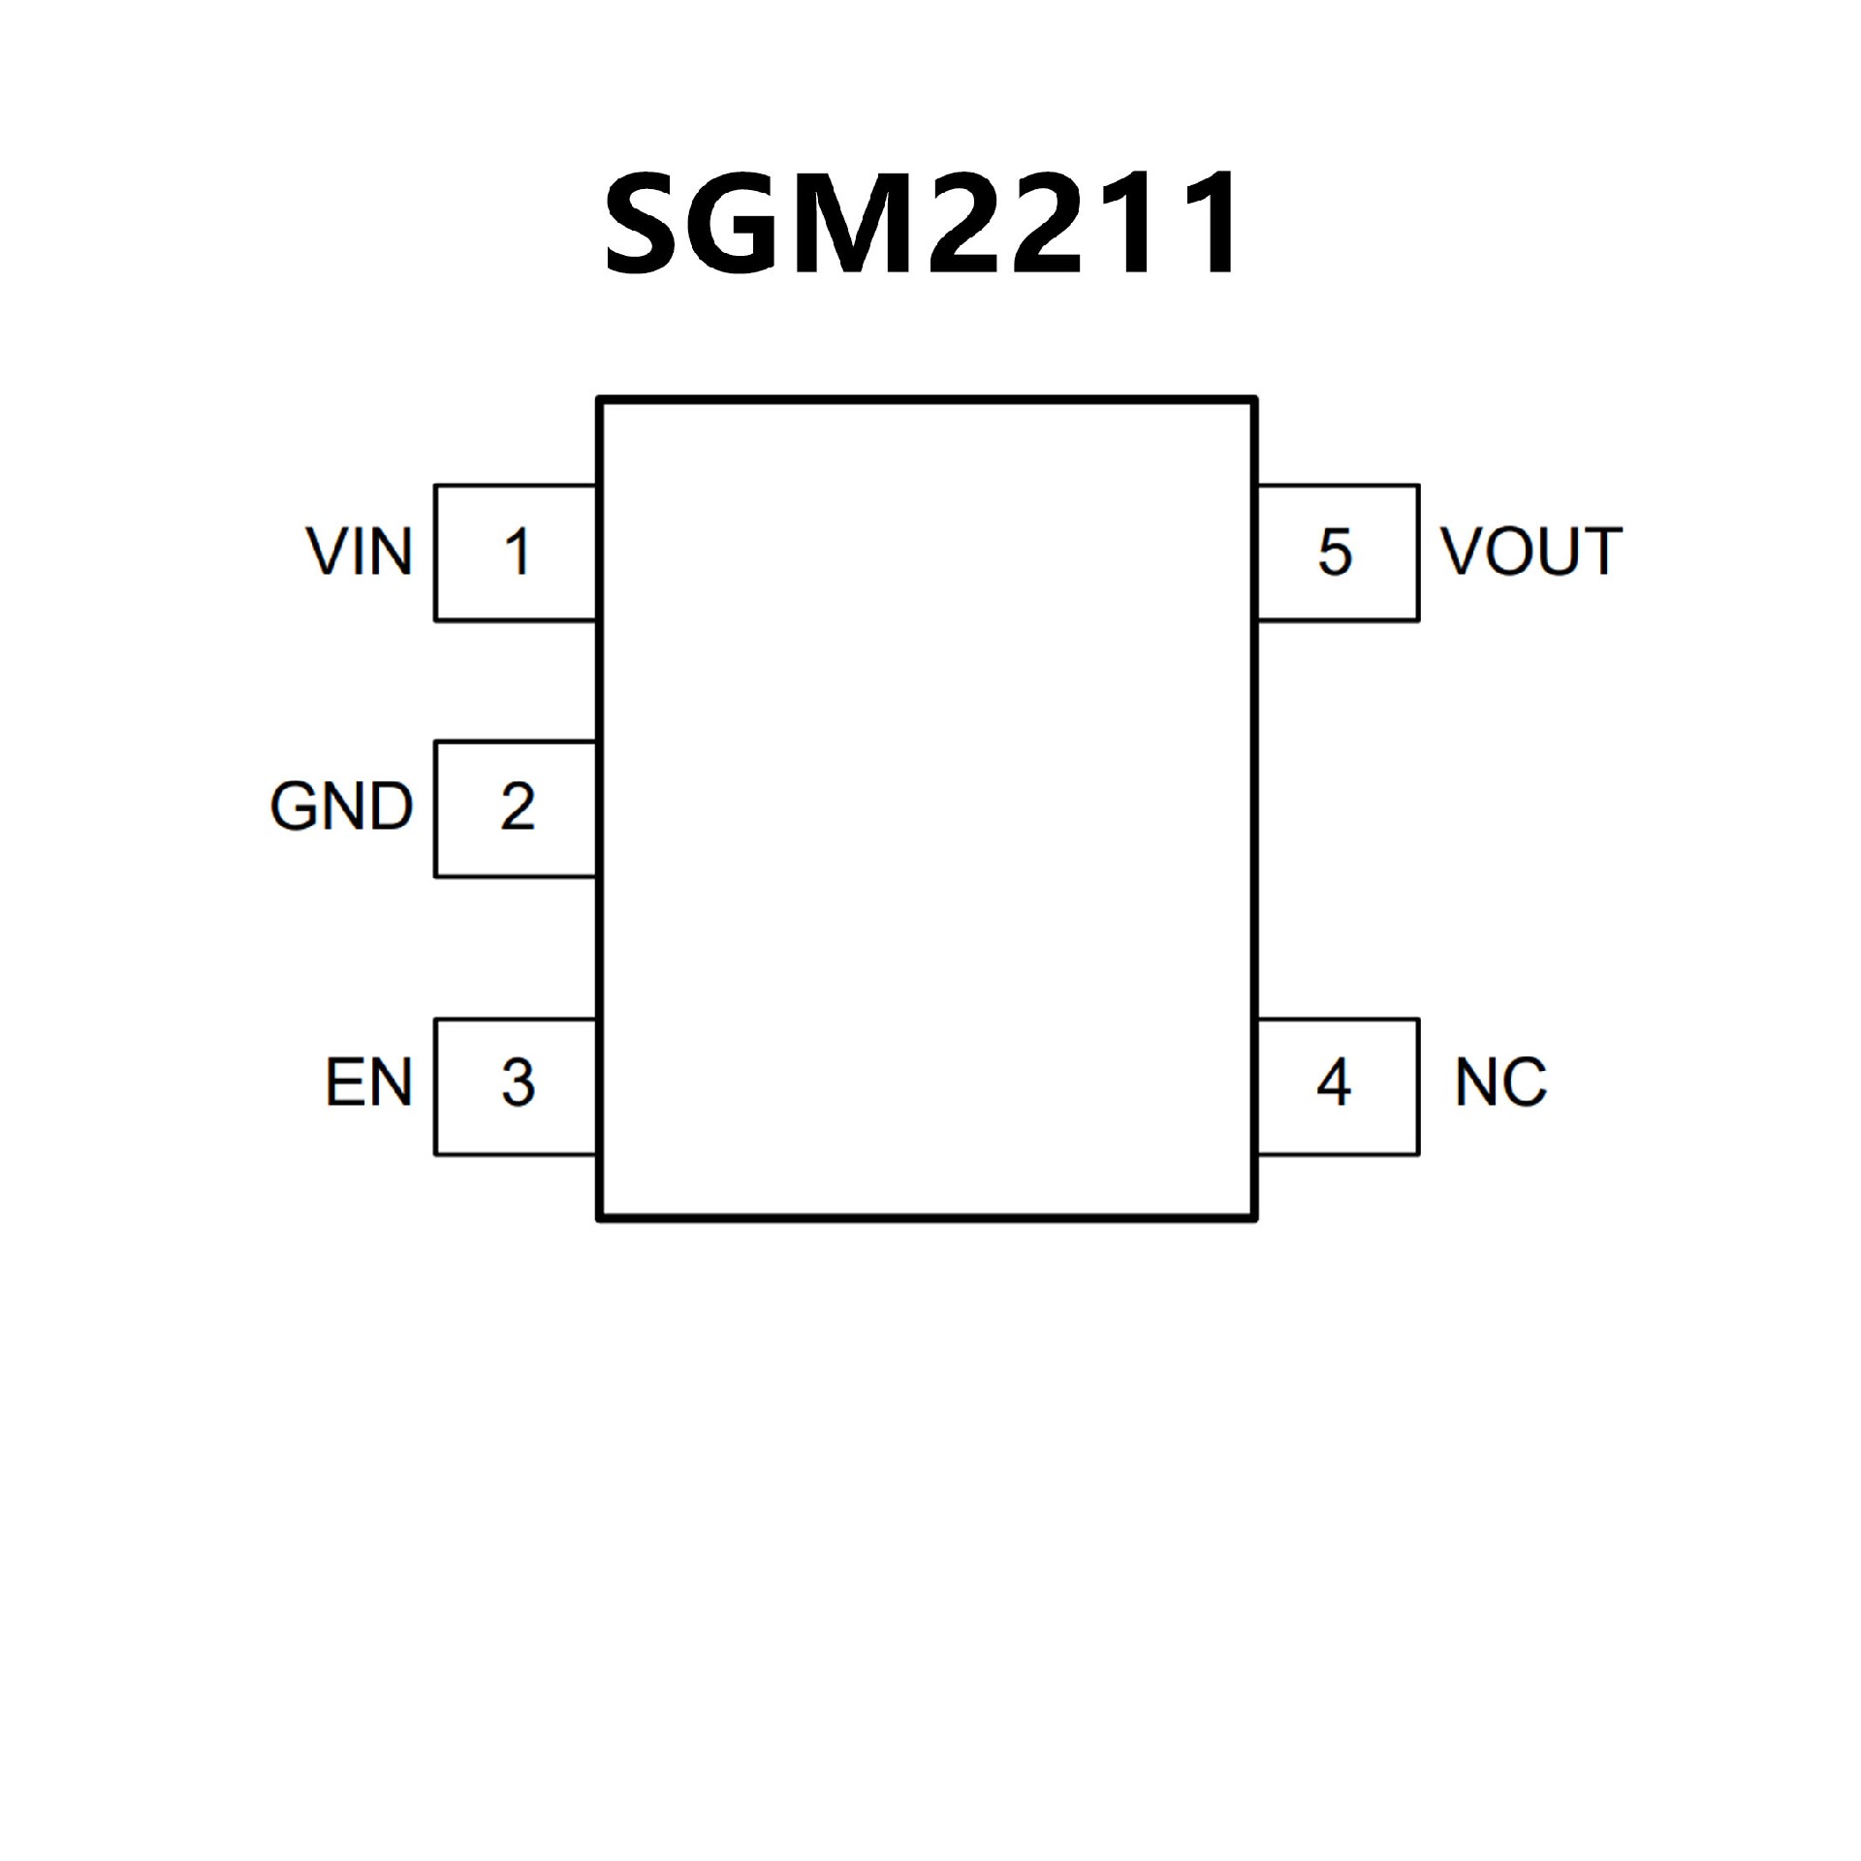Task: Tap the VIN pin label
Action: click(x=360, y=552)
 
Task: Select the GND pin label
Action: click(x=341, y=805)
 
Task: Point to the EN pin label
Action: click(x=368, y=1083)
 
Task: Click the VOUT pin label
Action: click(x=1530, y=552)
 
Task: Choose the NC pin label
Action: click(x=1500, y=1083)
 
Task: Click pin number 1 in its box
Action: click(x=517, y=552)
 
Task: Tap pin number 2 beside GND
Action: click(x=518, y=805)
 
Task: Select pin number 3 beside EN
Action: click(x=518, y=1083)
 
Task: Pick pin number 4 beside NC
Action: click(x=1334, y=1083)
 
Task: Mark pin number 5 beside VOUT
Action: click(x=1335, y=552)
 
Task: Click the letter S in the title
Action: click(x=647, y=223)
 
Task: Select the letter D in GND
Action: click(x=390, y=805)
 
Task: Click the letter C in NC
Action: click(x=1525, y=1083)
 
